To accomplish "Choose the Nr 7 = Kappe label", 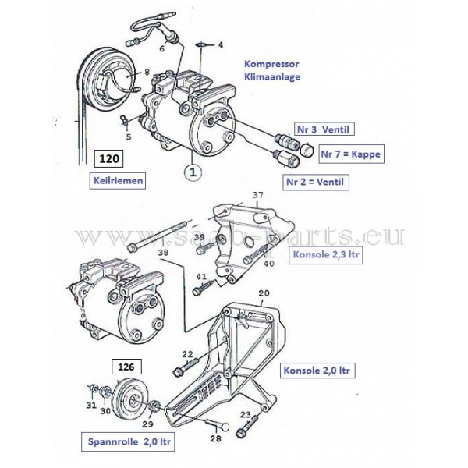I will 351,154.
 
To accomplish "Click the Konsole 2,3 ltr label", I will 325,255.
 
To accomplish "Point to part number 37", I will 258,195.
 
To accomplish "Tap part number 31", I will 91,405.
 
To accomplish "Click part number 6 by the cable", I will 161,49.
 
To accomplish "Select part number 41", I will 201,277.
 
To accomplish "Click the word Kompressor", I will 271,63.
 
